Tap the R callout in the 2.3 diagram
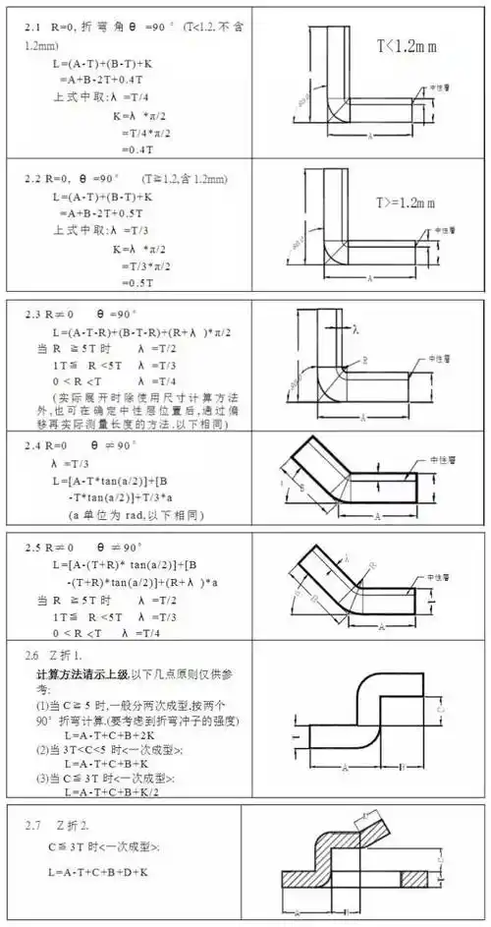365,361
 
